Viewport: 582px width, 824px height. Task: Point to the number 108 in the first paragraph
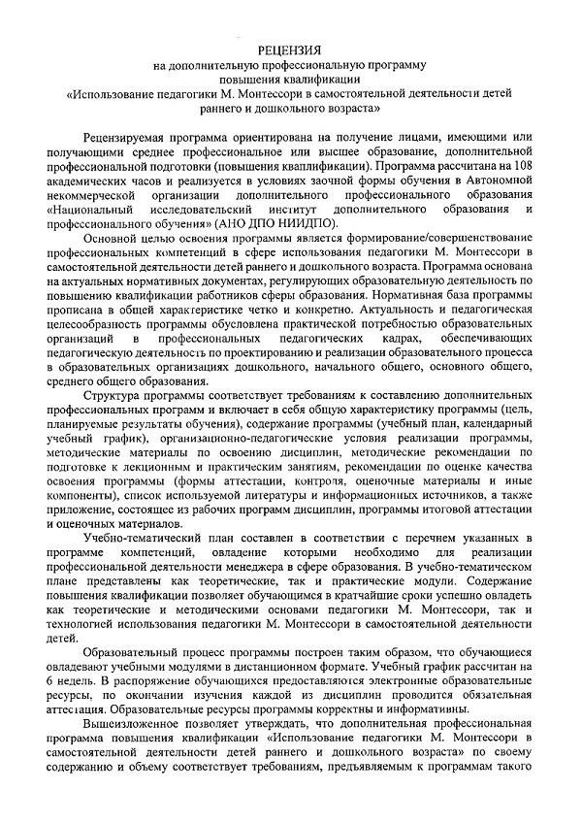pos(524,167)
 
